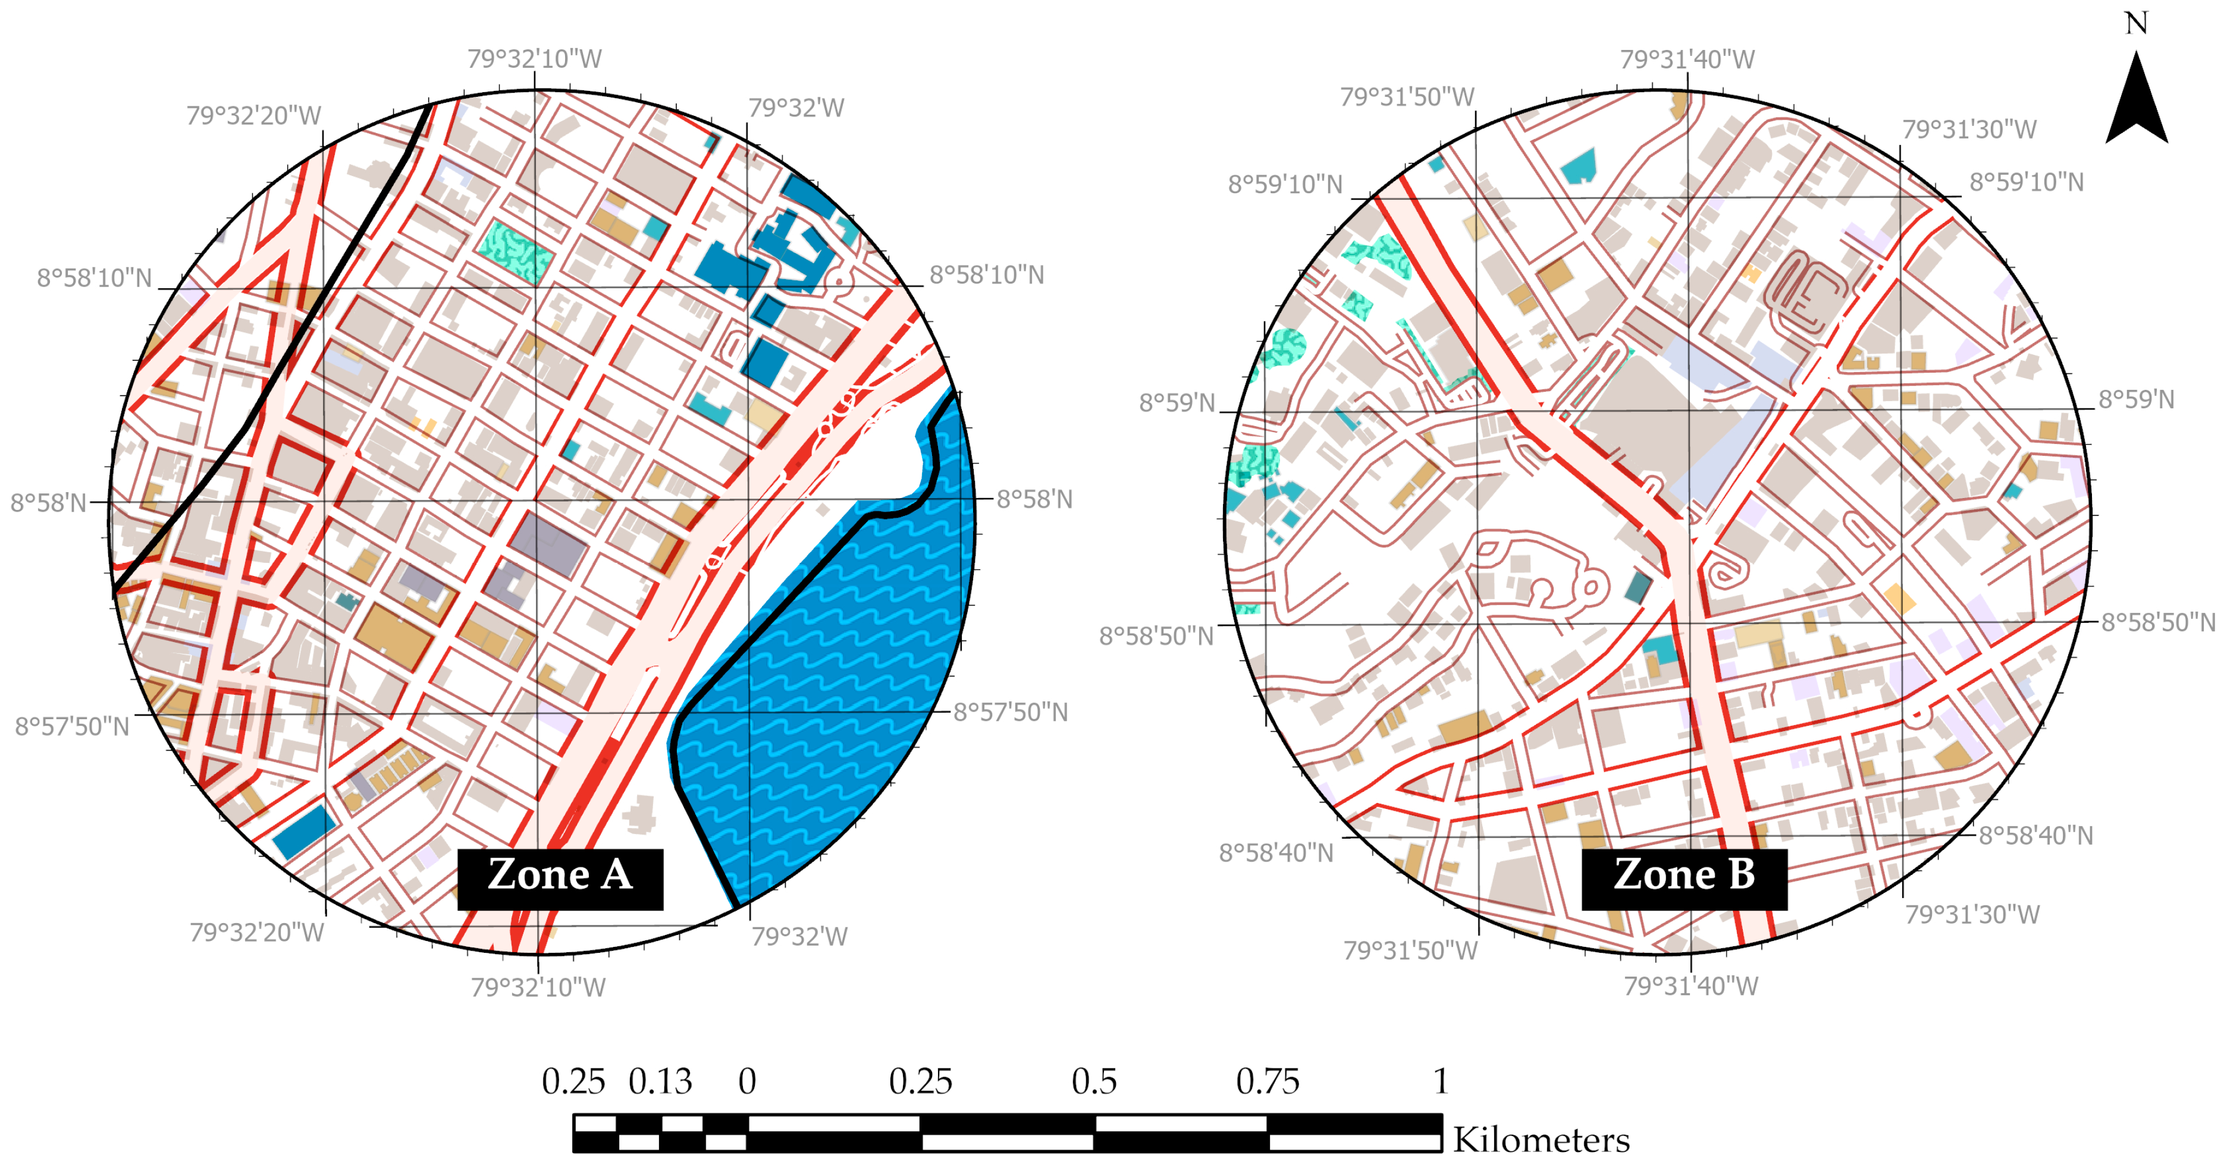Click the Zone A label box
point(560,878)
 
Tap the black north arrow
point(2136,102)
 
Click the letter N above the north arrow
point(2136,23)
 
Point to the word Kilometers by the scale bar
point(1541,1140)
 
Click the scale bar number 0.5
point(1094,1081)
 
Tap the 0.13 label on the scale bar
point(660,1081)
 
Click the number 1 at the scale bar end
point(1440,1081)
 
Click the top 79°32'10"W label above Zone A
point(534,59)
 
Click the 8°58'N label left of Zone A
point(48,502)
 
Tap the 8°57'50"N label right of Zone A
point(1010,712)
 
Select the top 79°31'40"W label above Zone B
point(1687,59)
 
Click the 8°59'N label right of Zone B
point(2136,399)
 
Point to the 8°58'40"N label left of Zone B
point(1275,852)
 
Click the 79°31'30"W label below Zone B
point(1972,914)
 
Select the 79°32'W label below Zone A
point(799,936)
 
